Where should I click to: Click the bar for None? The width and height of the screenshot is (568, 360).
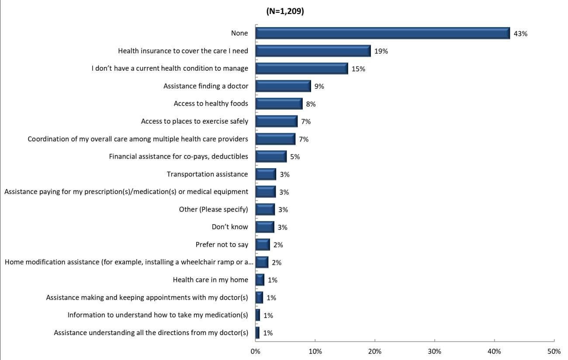tap(382, 33)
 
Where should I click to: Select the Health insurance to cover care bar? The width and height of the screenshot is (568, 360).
tap(313, 51)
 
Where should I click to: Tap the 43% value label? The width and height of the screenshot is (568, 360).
tap(520, 34)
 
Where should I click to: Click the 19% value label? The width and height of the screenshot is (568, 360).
tap(381, 51)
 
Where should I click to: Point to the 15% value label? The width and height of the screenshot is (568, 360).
tap(358, 69)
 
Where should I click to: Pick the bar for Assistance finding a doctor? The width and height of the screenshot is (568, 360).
tap(283, 86)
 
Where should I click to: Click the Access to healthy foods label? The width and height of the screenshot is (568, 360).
tap(211, 104)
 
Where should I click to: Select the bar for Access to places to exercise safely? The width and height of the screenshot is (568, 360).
tap(276, 121)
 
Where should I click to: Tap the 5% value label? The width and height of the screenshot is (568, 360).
tap(295, 157)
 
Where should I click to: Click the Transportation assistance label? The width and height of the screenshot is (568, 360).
tap(207, 174)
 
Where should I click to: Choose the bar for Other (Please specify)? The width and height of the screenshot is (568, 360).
tap(265, 210)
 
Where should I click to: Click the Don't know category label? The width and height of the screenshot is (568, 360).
tap(230, 227)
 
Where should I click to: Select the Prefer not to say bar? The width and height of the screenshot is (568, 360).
tap(263, 245)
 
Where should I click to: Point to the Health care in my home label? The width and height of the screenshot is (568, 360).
tap(210, 280)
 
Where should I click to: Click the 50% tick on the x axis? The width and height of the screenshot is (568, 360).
tap(554, 351)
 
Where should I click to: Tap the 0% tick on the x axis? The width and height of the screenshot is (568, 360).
tap(255, 351)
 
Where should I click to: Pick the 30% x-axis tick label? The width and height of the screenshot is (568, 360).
tap(434, 351)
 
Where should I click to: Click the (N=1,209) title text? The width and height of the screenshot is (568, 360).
tap(285, 12)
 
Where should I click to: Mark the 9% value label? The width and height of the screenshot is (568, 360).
tap(319, 87)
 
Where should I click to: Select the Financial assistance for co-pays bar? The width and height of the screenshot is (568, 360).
tap(271, 157)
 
